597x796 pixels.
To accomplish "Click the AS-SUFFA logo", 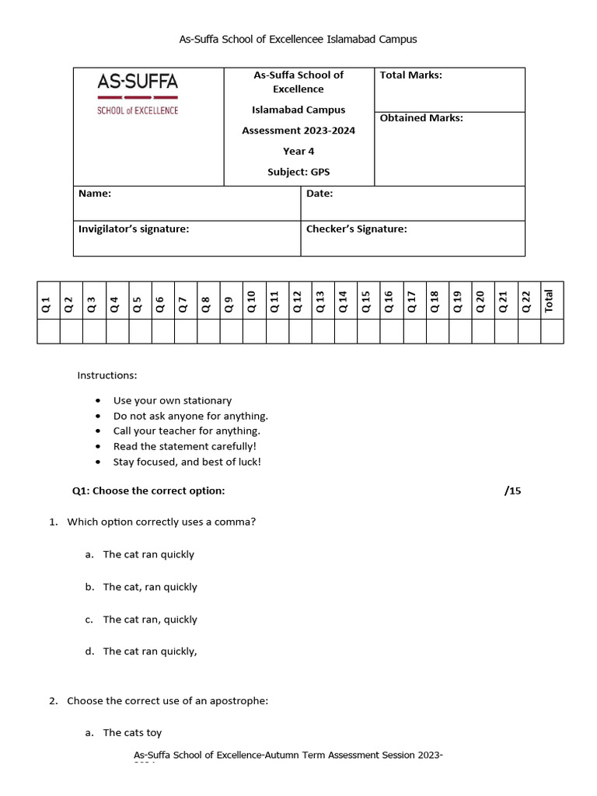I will pyautogui.click(x=138, y=93).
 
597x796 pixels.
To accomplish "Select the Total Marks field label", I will pyautogui.click(x=410, y=75).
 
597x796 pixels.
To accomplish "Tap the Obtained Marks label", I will pyautogui.click(x=421, y=118).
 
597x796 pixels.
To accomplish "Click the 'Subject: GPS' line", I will pyautogui.click(x=298, y=173).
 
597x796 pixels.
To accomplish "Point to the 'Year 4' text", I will pyautogui.click(x=298, y=152).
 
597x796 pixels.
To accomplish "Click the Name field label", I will pyautogui.click(x=95, y=194).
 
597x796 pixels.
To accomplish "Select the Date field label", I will pyautogui.click(x=319, y=194).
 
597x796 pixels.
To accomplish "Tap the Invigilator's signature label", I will pyautogui.click(x=134, y=229).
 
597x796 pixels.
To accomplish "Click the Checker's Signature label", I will pyautogui.click(x=356, y=229).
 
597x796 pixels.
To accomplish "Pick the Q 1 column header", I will pyautogui.click(x=47, y=304).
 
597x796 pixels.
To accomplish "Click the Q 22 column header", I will pyautogui.click(x=527, y=301).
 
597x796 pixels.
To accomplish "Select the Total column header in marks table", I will pyautogui.click(x=550, y=301).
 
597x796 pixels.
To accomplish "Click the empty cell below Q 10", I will pyautogui.click(x=253, y=331).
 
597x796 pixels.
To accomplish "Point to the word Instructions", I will pyautogui.click(x=107, y=375).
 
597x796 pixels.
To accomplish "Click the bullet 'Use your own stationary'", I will pyautogui.click(x=172, y=400).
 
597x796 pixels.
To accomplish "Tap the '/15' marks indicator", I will pyautogui.click(x=513, y=491).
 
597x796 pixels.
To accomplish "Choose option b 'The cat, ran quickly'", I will pyautogui.click(x=150, y=587).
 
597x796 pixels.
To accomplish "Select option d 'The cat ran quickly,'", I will pyautogui.click(x=150, y=651).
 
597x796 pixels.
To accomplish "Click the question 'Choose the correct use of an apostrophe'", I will pyautogui.click(x=167, y=700).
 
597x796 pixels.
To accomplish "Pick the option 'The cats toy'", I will pyautogui.click(x=132, y=732).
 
